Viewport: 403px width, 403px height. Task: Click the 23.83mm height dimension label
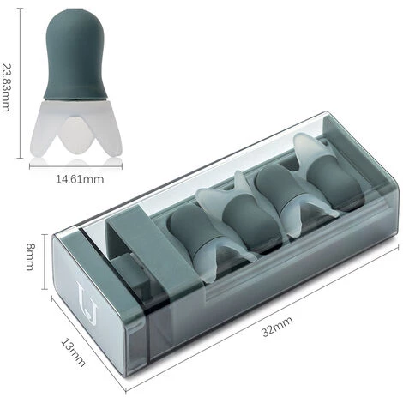(x=6, y=87)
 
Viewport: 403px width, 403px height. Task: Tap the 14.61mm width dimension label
(x=80, y=179)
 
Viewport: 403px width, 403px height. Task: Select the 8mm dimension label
(x=30, y=256)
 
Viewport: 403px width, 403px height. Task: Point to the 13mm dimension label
(x=73, y=352)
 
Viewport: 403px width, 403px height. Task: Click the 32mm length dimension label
(x=277, y=327)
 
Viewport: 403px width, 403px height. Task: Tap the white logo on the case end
(x=87, y=303)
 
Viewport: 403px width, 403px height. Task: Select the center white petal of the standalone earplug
(x=76, y=135)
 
